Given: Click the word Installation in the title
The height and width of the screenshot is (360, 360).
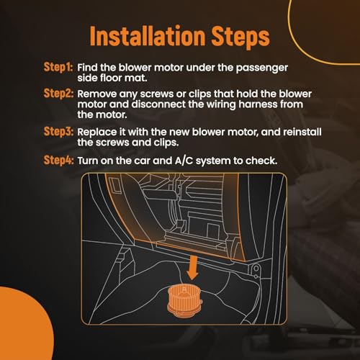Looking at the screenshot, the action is (148, 36).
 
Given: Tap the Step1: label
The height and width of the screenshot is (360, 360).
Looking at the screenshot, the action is (58, 67).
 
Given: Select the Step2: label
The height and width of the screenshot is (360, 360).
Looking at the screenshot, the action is (58, 93).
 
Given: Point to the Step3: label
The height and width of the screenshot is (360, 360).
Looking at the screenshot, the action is (58, 132).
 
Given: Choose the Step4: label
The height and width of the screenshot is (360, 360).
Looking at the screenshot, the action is (58, 160).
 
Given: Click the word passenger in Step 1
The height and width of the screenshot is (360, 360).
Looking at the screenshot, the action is (262, 68).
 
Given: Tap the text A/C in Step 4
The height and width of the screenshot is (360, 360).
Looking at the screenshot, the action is (184, 161).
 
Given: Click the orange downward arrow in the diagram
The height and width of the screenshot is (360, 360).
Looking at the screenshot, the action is (192, 268).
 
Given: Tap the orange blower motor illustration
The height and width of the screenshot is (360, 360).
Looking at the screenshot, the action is (184, 301).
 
